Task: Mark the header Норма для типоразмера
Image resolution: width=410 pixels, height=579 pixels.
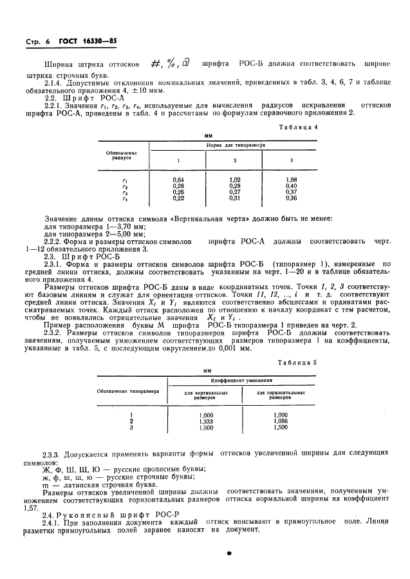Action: tap(235, 146)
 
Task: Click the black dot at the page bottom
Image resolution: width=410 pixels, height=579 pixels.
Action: tap(228, 553)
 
